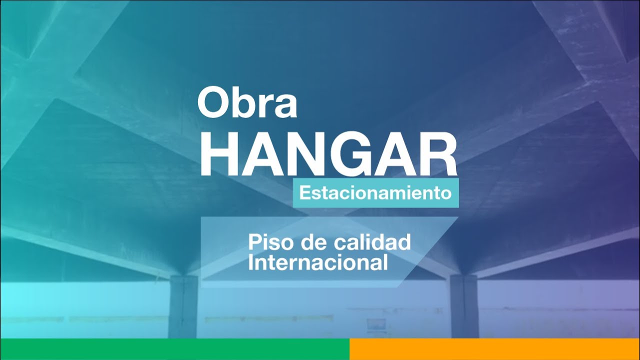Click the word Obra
click(x=247, y=102)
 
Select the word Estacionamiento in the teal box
click(x=375, y=193)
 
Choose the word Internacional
click(x=318, y=262)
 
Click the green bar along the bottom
click(x=174, y=349)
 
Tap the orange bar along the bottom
click(x=494, y=349)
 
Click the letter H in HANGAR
click(x=220, y=154)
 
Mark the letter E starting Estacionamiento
click(x=303, y=193)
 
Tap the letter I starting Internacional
click(x=251, y=262)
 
